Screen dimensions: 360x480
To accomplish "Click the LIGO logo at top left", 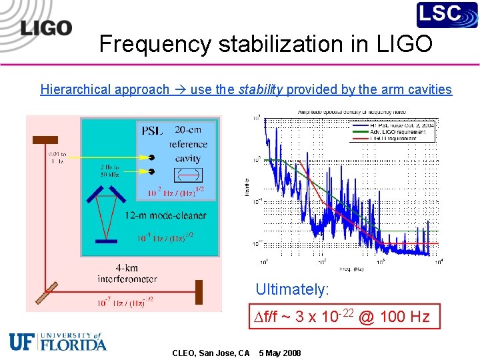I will [45, 27].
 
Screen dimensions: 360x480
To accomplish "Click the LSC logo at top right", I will [447, 15].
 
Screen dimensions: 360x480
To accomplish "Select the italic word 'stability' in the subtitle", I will [261, 89].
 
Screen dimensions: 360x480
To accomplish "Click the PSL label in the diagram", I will [151, 131].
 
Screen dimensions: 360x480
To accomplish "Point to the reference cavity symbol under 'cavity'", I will [187, 175].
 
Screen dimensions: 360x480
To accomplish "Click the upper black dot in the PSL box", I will [152, 157].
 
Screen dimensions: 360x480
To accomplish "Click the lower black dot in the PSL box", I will [152, 175].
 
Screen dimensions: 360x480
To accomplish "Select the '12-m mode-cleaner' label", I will [166, 215].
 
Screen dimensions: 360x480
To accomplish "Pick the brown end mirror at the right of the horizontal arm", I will [199, 291].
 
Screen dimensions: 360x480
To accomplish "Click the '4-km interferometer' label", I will [127, 273].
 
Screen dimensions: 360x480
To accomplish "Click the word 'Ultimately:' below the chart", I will [292, 289].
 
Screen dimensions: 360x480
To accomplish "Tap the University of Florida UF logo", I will [58, 341].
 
